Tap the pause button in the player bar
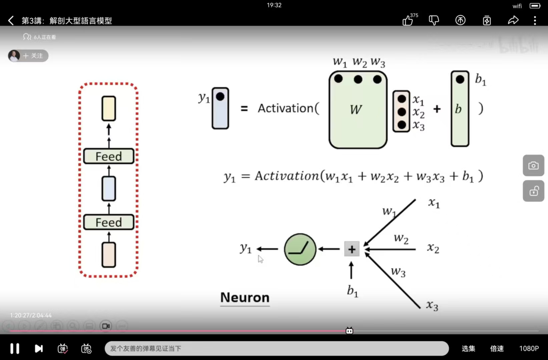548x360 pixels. click(15, 348)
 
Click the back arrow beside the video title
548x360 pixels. click(11, 21)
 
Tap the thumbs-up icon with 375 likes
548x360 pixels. click(408, 21)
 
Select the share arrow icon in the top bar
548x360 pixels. click(513, 20)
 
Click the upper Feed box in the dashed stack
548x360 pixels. click(109, 156)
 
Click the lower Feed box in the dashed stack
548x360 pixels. click(109, 222)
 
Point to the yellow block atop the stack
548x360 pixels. click(109, 108)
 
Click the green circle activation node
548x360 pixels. click(300, 249)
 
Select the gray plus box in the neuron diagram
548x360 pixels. click(352, 249)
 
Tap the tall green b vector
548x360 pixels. click(460, 109)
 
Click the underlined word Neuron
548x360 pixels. click(245, 297)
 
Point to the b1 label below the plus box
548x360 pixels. click(352, 291)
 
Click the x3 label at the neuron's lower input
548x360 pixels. click(432, 305)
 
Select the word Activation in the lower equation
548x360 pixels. click(287, 176)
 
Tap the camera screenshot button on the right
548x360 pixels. click(533, 165)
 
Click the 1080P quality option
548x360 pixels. click(529, 348)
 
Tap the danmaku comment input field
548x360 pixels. click(276, 348)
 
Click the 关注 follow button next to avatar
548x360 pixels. click(33, 56)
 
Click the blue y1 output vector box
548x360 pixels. click(220, 108)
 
